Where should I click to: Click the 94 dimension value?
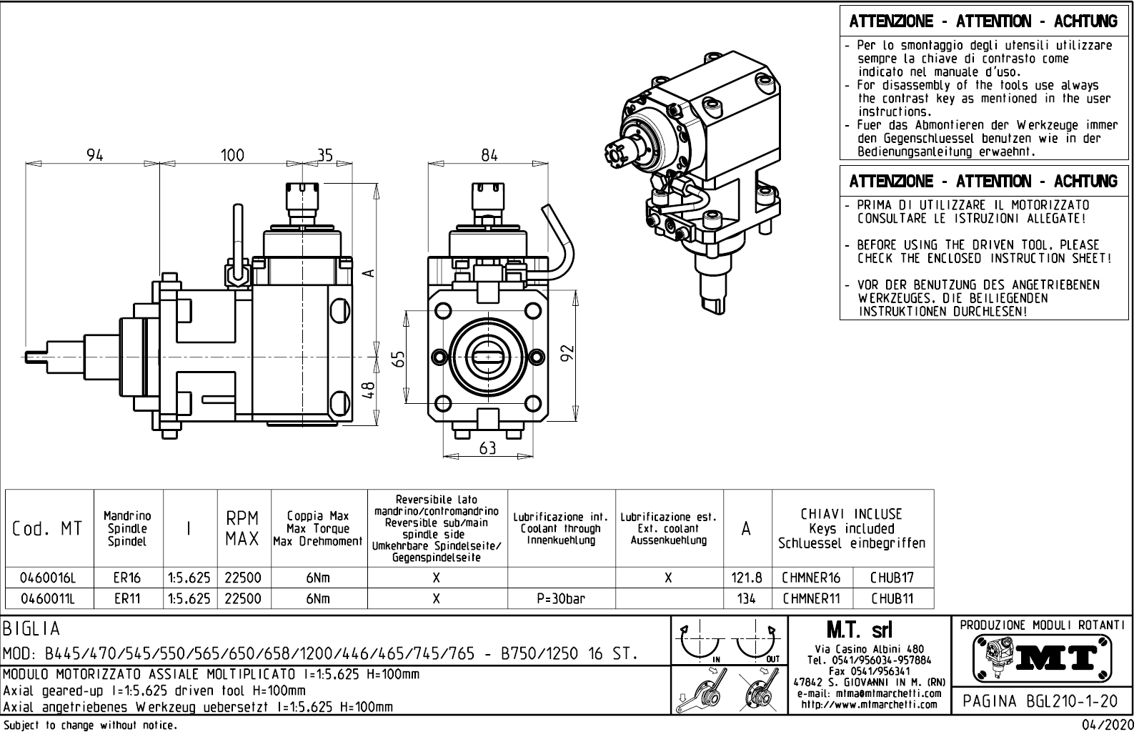95,154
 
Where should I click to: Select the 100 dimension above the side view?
232,154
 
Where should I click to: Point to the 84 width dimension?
489,154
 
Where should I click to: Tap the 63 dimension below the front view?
487,448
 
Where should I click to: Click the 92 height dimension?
568,353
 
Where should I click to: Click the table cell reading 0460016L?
48,578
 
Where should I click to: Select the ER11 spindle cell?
128,598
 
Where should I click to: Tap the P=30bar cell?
560,598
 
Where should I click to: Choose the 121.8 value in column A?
747,578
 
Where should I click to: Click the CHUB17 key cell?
892,578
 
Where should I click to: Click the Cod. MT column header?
48,529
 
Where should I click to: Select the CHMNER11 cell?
811,598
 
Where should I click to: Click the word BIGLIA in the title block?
33,630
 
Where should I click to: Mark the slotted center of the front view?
488,355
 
